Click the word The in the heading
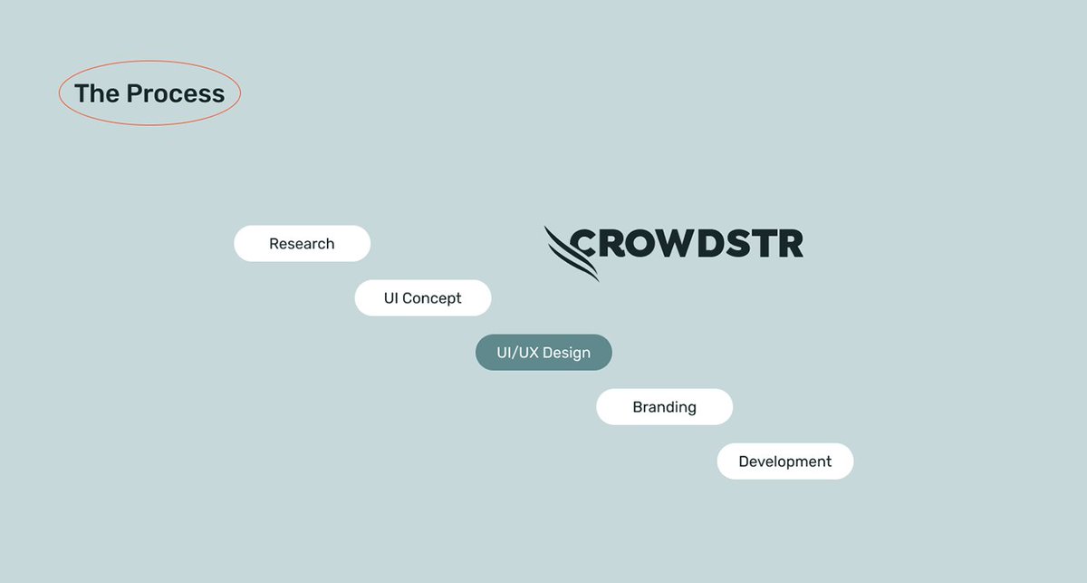coord(96,93)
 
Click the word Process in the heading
coord(175,93)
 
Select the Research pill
coord(302,244)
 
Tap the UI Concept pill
coord(422,298)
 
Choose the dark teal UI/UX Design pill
coord(543,353)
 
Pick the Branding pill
coord(664,407)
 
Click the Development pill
coord(784,462)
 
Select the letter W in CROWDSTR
coord(677,243)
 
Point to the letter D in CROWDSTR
coord(712,243)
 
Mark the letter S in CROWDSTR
coord(740,243)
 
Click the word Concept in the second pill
coord(432,298)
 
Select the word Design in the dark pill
coord(566,353)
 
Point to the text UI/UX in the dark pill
coord(517,353)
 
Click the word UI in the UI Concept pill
coord(390,298)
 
